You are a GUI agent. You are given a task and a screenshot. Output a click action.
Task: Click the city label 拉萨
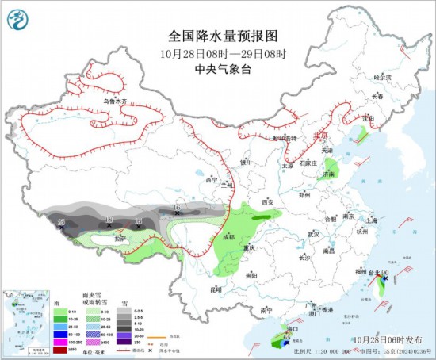(x=120, y=238)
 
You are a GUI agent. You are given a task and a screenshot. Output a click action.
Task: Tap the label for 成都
(x=228, y=236)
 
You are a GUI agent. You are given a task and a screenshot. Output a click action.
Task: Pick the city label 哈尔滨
(x=384, y=78)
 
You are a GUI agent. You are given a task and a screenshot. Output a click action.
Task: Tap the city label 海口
(x=291, y=327)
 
